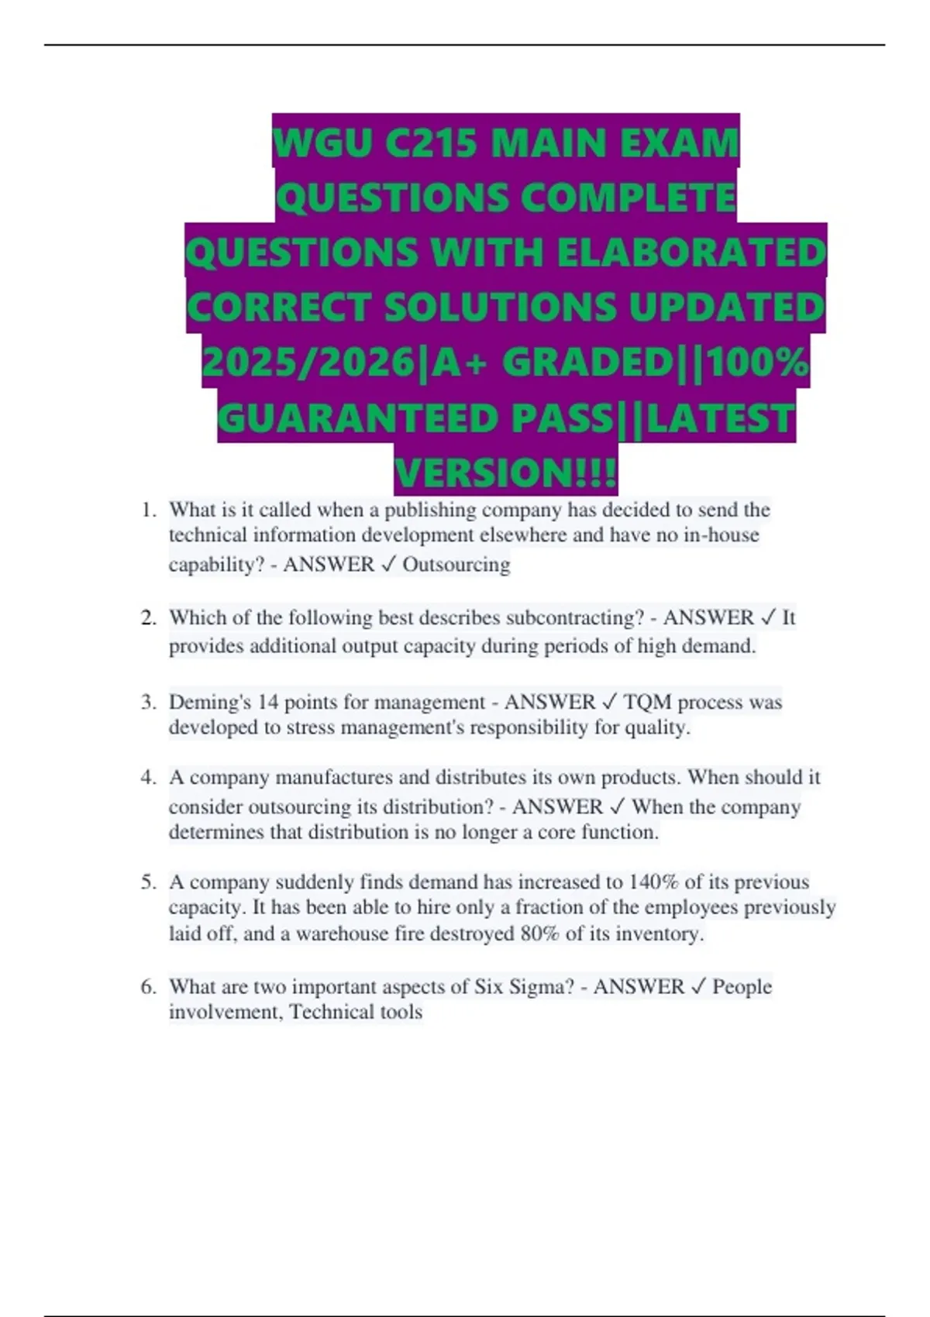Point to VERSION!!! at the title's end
point(506,473)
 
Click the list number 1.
point(148,510)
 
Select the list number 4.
point(148,777)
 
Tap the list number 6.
point(148,986)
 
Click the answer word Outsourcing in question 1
point(456,564)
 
